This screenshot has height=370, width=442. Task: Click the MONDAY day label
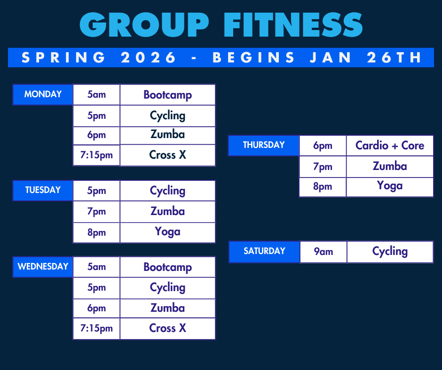(x=43, y=94)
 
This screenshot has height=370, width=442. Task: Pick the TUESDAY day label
(x=43, y=190)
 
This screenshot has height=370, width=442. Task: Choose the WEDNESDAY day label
(x=43, y=267)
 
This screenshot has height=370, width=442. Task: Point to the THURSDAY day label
(x=264, y=145)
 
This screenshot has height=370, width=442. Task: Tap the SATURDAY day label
(x=264, y=251)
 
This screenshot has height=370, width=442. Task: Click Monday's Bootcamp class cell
(x=167, y=95)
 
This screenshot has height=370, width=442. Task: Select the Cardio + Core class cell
(x=389, y=146)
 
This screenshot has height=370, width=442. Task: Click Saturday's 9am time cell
(x=323, y=252)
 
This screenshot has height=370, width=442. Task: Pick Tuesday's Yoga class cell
(x=167, y=232)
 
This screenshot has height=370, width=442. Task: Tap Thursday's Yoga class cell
(x=389, y=186)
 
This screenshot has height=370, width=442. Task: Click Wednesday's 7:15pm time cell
(x=96, y=328)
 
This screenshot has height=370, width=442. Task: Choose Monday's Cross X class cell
(x=167, y=155)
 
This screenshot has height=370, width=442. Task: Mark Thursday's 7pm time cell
(x=323, y=167)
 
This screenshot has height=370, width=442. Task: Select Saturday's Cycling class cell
(x=389, y=252)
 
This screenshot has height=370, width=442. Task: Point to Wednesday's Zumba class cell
(x=167, y=308)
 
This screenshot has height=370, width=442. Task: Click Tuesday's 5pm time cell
(x=96, y=191)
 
